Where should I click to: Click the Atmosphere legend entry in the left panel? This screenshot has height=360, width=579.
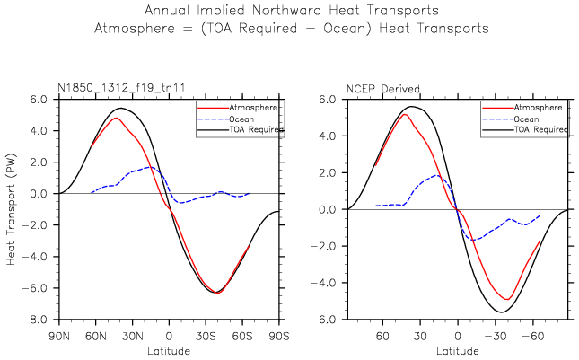tap(254, 107)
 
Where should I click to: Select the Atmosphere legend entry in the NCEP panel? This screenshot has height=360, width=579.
tap(541, 107)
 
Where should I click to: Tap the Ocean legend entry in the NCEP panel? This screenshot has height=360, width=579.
tap(534, 118)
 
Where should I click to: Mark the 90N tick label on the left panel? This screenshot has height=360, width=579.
tap(59, 336)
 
